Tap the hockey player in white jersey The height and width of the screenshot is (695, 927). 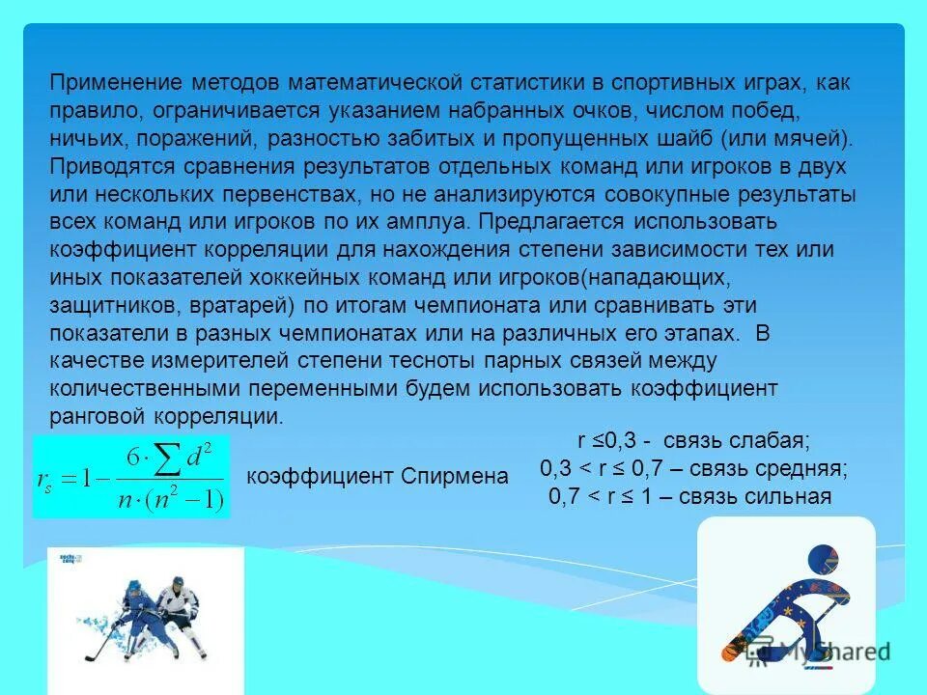click(x=179, y=608)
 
